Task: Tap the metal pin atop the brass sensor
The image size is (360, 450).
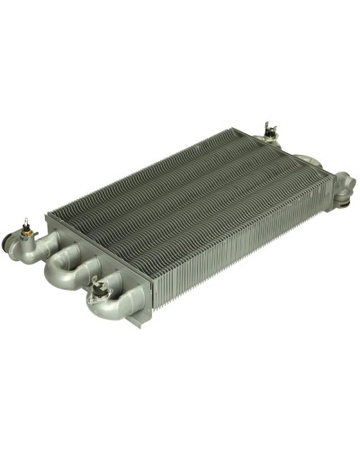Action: point(27,220)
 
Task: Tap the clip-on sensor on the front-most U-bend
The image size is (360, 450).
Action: point(101,287)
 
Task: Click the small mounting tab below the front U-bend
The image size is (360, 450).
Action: point(135,320)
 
